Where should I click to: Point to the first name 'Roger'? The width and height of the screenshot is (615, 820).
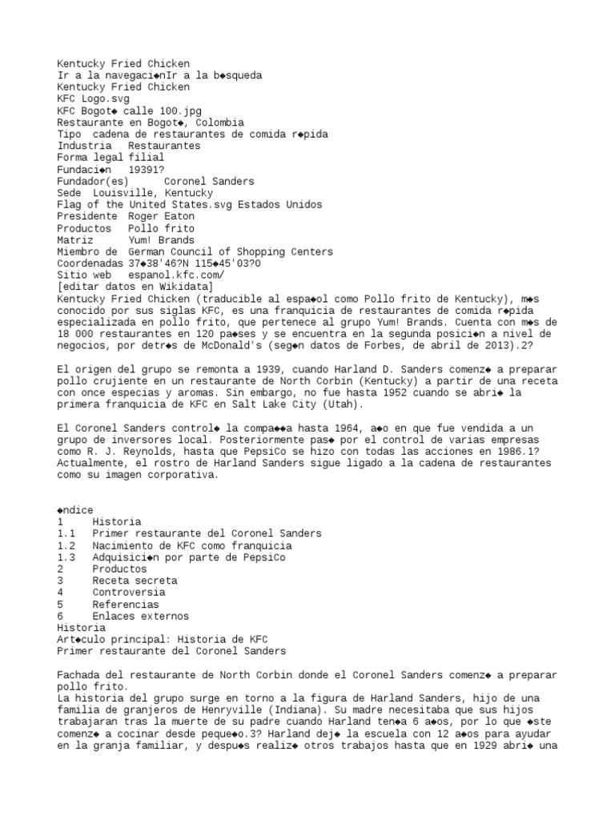[146, 216]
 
